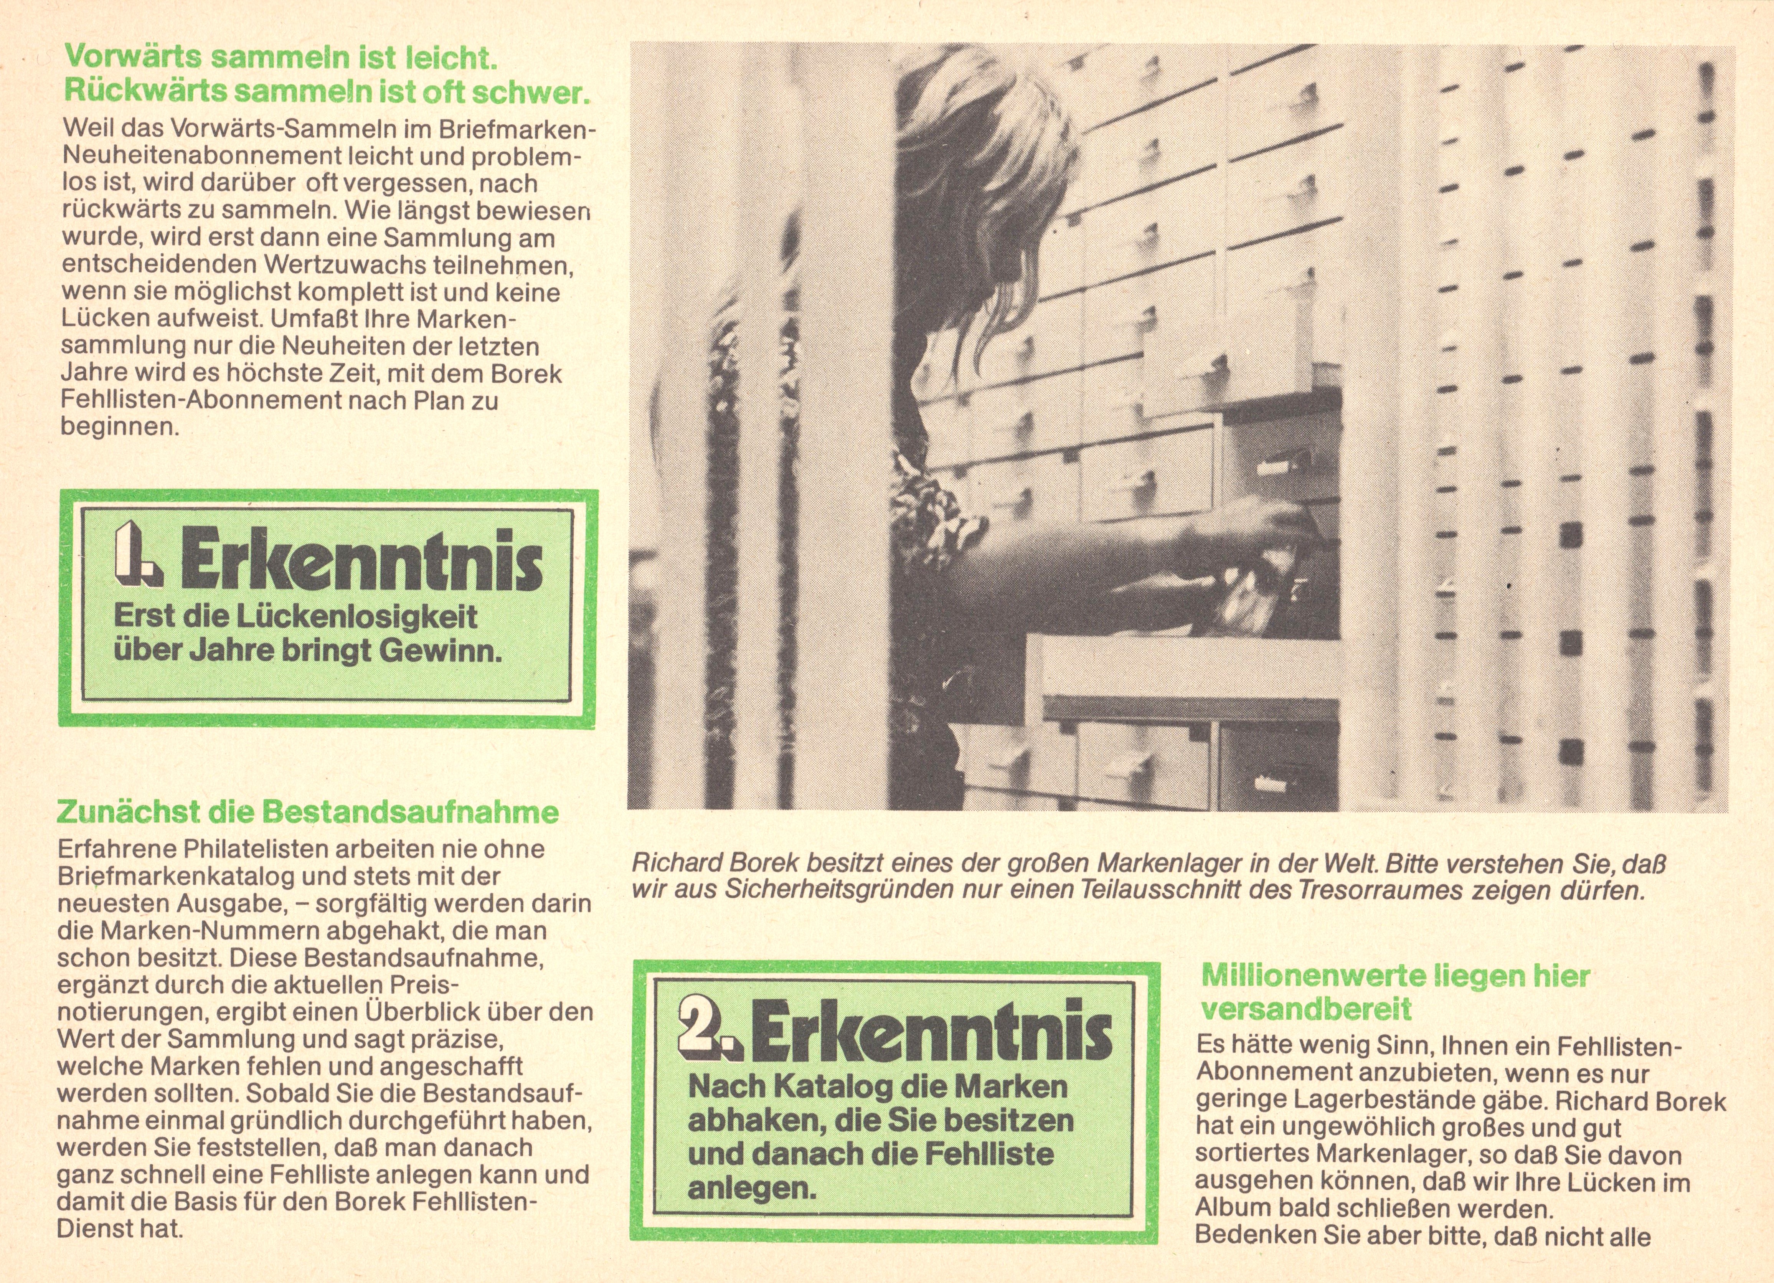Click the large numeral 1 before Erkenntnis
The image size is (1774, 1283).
(x=138, y=555)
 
